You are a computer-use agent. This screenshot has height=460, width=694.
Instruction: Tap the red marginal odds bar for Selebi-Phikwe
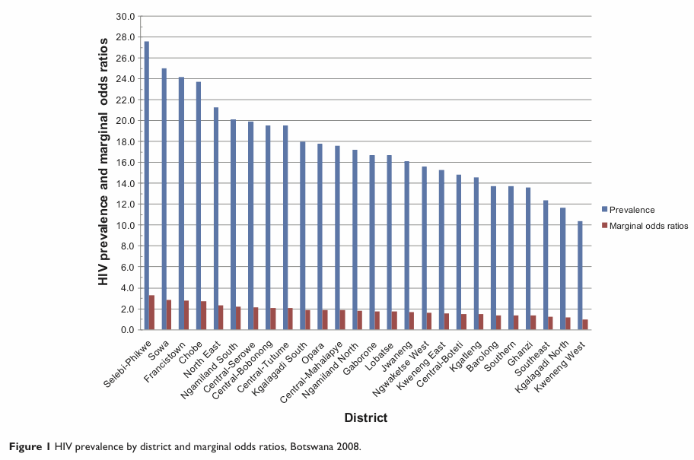151,312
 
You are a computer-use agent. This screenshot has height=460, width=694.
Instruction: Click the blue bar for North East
216,218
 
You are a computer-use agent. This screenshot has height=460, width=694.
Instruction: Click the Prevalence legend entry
631,210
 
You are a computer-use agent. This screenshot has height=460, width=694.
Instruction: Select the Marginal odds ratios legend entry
647,225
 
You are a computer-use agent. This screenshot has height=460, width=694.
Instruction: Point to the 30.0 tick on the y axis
126,16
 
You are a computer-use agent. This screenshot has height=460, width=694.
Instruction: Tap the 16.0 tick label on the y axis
126,163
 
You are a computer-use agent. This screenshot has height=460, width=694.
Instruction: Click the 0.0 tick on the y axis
128,330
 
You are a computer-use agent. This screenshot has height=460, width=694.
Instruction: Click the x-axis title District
365,417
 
